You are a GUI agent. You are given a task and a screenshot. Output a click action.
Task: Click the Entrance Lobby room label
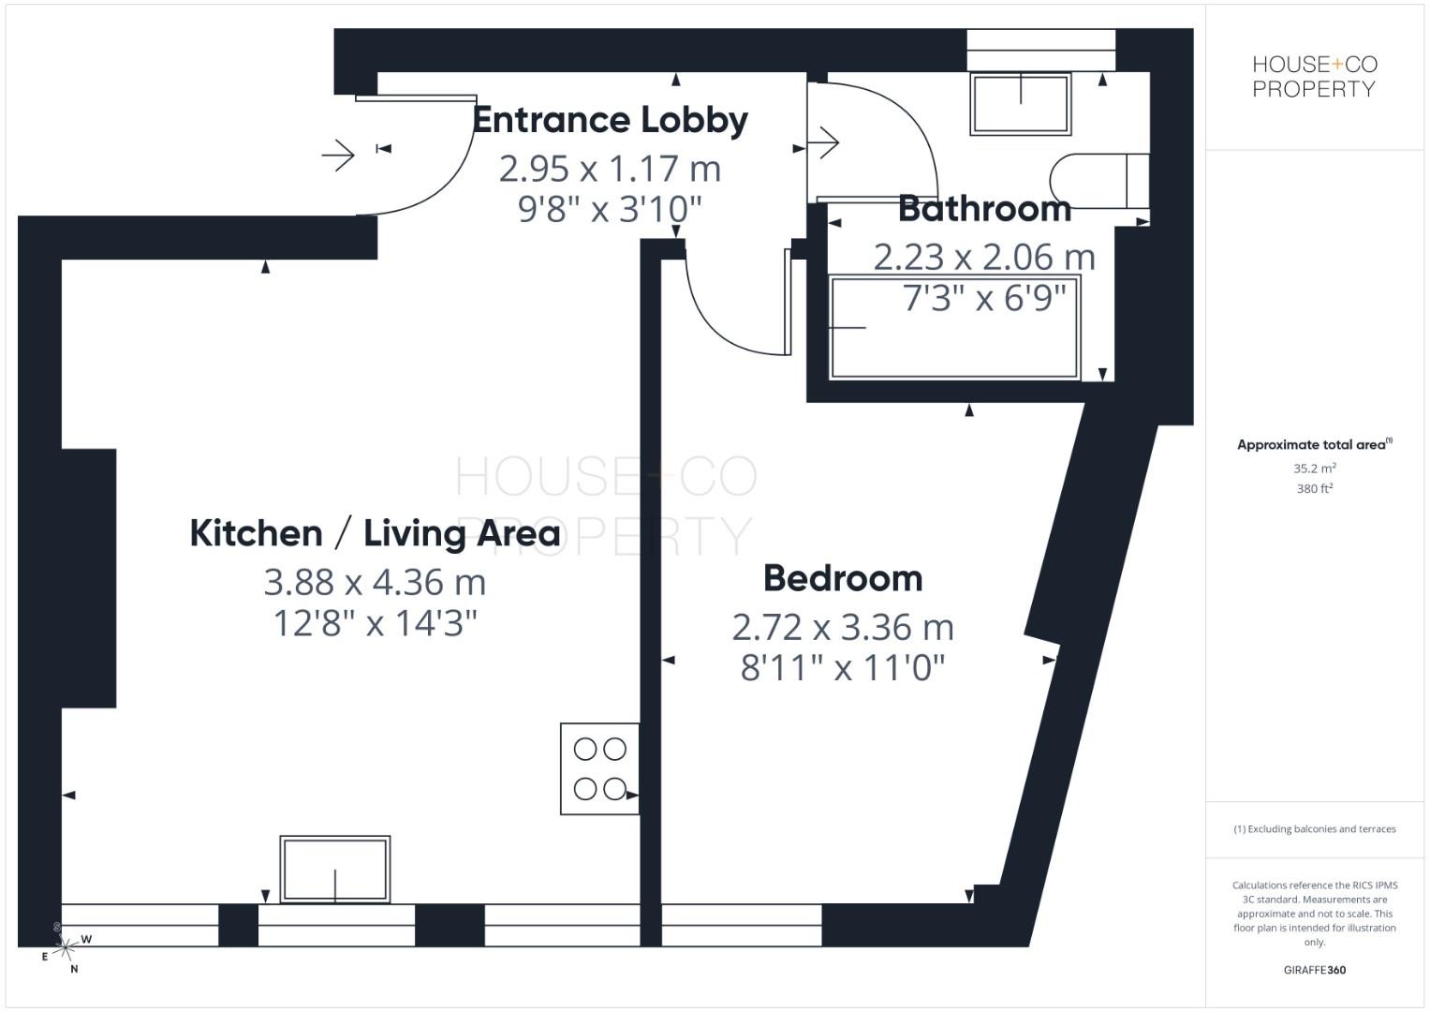point(610,120)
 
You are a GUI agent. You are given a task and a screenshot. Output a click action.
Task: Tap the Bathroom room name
point(984,208)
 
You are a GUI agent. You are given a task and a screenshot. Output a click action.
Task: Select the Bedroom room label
point(843,578)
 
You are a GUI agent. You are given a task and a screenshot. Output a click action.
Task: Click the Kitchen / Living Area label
point(375,533)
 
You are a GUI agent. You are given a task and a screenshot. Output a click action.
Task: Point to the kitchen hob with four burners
point(599,768)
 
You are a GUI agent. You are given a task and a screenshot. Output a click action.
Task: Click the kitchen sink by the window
point(335,869)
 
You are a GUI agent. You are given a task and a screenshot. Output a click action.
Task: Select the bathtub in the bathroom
point(954,327)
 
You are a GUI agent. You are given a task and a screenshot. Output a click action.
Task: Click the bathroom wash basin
point(1020,103)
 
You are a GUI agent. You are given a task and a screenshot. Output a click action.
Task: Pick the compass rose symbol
point(64,948)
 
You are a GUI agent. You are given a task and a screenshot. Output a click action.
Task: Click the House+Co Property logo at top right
point(1314,77)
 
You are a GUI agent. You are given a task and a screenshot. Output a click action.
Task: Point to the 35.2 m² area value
point(1314,469)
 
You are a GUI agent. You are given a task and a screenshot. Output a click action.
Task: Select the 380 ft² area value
point(1314,488)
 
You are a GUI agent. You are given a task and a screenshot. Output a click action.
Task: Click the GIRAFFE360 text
point(1314,970)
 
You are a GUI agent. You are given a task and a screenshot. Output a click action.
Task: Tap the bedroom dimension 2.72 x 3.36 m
point(843,627)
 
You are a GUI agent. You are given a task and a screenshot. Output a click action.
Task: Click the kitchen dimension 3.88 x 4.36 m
point(375,582)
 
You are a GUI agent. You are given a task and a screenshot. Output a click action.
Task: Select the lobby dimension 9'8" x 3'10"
point(610,209)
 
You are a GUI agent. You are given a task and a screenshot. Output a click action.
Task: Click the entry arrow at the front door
point(338,154)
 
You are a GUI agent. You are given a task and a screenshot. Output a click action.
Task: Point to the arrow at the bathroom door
point(823,143)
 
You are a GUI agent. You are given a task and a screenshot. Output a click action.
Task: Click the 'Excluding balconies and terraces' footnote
point(1314,829)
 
